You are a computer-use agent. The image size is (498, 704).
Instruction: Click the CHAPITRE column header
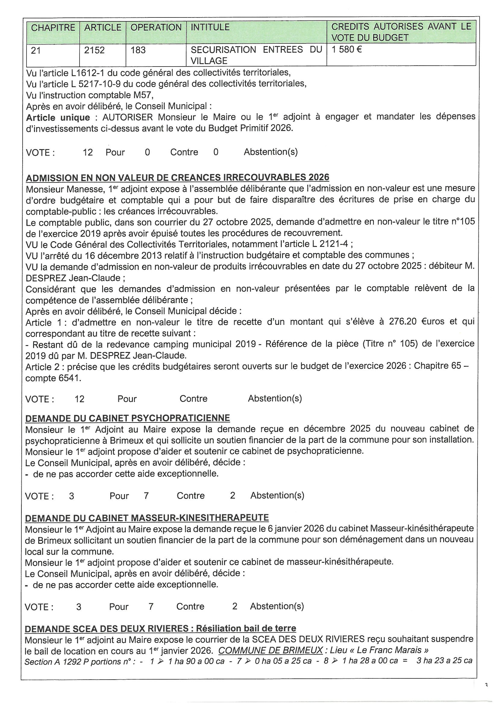pyautogui.click(x=53, y=28)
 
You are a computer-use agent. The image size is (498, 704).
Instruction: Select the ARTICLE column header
pyautogui.click(x=103, y=28)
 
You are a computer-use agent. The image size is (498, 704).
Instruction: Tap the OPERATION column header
pyautogui.click(x=156, y=28)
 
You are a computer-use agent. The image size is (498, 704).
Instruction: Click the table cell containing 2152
pyautogui.click(x=94, y=50)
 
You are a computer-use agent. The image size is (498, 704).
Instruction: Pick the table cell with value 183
pyautogui.click(x=138, y=50)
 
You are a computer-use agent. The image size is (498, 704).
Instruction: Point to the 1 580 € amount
pyautogui.click(x=346, y=50)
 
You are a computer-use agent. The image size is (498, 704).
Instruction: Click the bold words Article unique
pyautogui.click(x=58, y=117)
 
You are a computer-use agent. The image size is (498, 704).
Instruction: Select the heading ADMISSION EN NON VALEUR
pyautogui.click(x=177, y=178)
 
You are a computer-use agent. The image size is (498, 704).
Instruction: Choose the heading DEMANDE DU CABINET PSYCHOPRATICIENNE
pyautogui.click(x=127, y=418)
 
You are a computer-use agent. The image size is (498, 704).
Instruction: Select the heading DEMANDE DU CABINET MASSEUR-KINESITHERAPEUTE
pyautogui.click(x=147, y=518)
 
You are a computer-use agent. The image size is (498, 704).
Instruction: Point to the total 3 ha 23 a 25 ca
pyautogui.click(x=444, y=660)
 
